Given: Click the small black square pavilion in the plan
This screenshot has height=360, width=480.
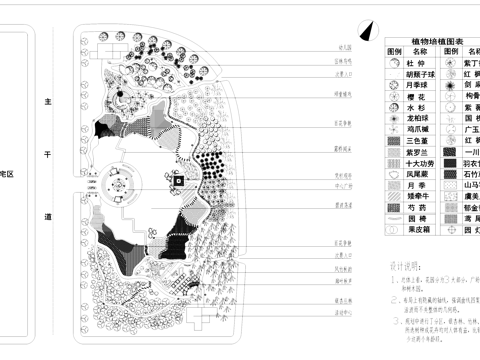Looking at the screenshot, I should click(x=177, y=183).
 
